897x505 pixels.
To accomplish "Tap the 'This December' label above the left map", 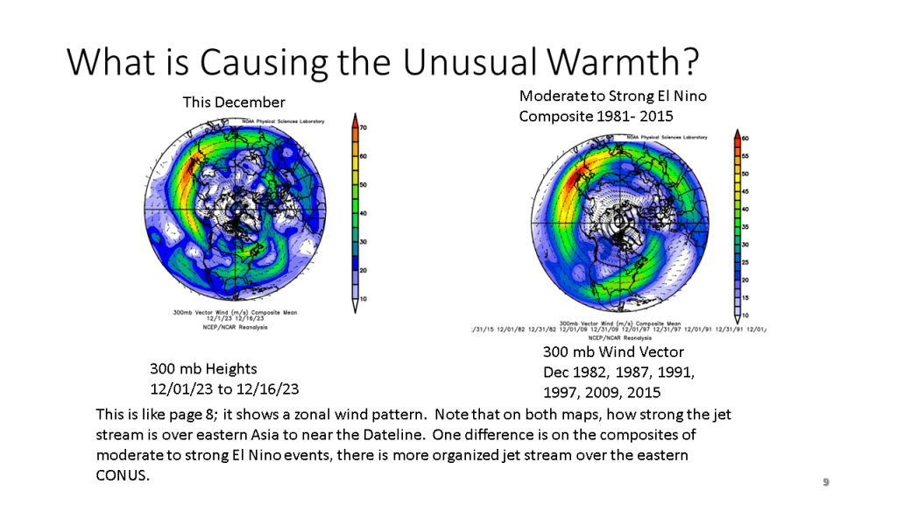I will click(x=234, y=103).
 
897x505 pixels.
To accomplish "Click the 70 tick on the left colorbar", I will click(x=364, y=128).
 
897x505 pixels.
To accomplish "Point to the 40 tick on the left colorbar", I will click(x=364, y=213).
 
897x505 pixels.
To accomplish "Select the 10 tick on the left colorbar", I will click(x=364, y=299).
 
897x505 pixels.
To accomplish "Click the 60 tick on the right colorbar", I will click(x=745, y=139).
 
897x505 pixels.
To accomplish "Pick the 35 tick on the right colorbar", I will click(x=745, y=226).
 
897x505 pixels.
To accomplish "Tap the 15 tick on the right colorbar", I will click(x=745, y=297).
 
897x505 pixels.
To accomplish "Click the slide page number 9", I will click(x=825, y=482).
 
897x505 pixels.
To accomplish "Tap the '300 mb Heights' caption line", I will click(x=203, y=369).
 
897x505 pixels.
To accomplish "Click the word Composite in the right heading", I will click(x=553, y=116).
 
